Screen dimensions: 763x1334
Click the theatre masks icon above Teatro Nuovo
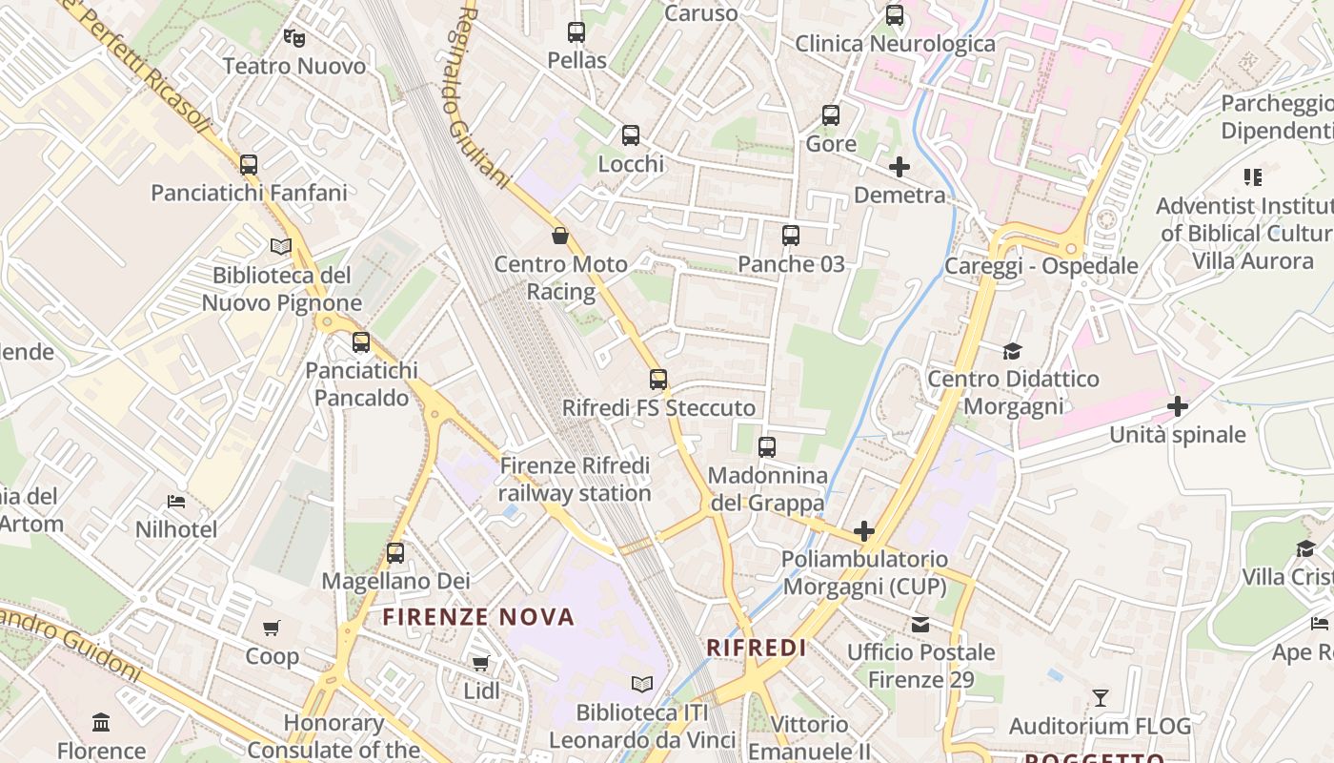(293, 38)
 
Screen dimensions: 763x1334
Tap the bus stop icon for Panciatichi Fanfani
(249, 165)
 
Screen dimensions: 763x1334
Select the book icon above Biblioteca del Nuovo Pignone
(280, 247)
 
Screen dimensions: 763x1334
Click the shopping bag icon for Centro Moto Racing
(560, 236)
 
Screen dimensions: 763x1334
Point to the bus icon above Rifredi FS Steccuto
(658, 380)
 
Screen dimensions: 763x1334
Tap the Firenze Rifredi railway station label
(575, 480)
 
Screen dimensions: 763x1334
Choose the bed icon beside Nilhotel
(176, 502)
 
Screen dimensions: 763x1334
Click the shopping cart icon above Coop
(272, 628)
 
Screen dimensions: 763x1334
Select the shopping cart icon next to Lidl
(481, 663)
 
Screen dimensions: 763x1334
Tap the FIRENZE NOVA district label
(479, 617)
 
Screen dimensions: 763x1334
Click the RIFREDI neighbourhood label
(757, 649)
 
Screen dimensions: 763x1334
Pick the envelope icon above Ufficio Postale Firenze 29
(920, 625)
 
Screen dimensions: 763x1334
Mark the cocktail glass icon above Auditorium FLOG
(1101, 698)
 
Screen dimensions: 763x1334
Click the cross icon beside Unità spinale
(1178, 407)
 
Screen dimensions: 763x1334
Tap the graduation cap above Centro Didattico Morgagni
(1012, 351)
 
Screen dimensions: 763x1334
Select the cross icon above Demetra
(899, 168)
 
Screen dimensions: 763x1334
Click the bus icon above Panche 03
(791, 236)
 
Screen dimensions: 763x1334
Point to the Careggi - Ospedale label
(1041, 266)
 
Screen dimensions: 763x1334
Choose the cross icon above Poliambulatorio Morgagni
(864, 531)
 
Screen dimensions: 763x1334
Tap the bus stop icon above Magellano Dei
(395, 552)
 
